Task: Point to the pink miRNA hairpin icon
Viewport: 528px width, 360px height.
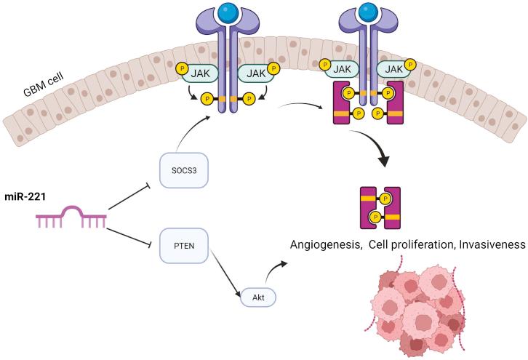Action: pos(71,216)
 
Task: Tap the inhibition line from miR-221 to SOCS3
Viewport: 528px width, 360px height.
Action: pos(135,191)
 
